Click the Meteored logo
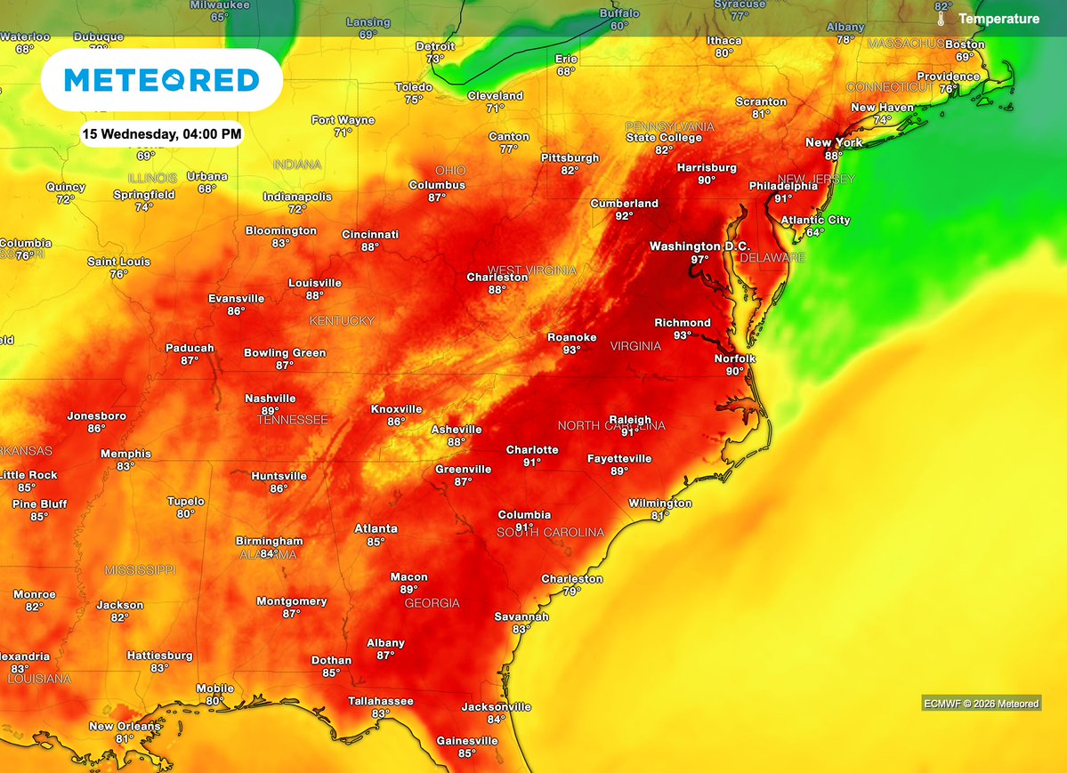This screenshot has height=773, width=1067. [x=162, y=81]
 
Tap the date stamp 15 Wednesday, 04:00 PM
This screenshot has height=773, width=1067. [x=161, y=134]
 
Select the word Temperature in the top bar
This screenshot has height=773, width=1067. [x=998, y=19]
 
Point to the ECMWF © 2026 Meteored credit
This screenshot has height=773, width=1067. [x=981, y=704]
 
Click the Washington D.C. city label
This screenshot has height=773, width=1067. [x=699, y=246]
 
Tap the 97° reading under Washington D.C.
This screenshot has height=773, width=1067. [x=699, y=260]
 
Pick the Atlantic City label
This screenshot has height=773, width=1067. [x=815, y=220]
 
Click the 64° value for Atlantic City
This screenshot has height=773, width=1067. [x=815, y=232]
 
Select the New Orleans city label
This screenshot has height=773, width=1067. [x=125, y=726]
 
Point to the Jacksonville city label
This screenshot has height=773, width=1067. [x=496, y=707]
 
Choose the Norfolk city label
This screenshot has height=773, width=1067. [x=734, y=358]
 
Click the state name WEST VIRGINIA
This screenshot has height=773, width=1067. [x=531, y=270]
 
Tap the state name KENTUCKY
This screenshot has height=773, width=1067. [x=342, y=320]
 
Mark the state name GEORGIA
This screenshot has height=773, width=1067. [x=432, y=603]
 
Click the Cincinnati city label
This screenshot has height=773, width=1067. [x=370, y=235]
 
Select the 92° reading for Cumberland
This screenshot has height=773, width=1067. [x=624, y=216]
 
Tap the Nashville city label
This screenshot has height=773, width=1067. [x=271, y=399]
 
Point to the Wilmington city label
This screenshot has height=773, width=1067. [x=659, y=503]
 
